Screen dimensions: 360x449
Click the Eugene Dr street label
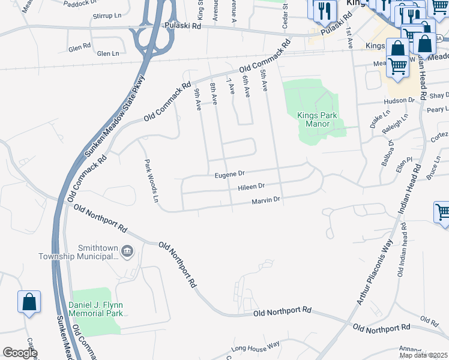click(230, 175)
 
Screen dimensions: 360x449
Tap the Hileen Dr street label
click(252, 187)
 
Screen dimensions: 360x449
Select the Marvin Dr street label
click(266, 200)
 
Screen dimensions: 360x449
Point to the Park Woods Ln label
click(151, 180)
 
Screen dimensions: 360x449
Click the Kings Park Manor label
click(313, 119)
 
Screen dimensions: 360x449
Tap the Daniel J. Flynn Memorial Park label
click(95, 308)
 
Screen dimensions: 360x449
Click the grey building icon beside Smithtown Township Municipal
click(127, 251)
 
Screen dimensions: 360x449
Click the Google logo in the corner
click(20, 353)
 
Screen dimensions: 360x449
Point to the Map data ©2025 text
click(423, 355)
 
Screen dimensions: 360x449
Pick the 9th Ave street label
click(197, 100)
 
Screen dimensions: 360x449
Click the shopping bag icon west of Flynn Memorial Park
click(29, 302)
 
